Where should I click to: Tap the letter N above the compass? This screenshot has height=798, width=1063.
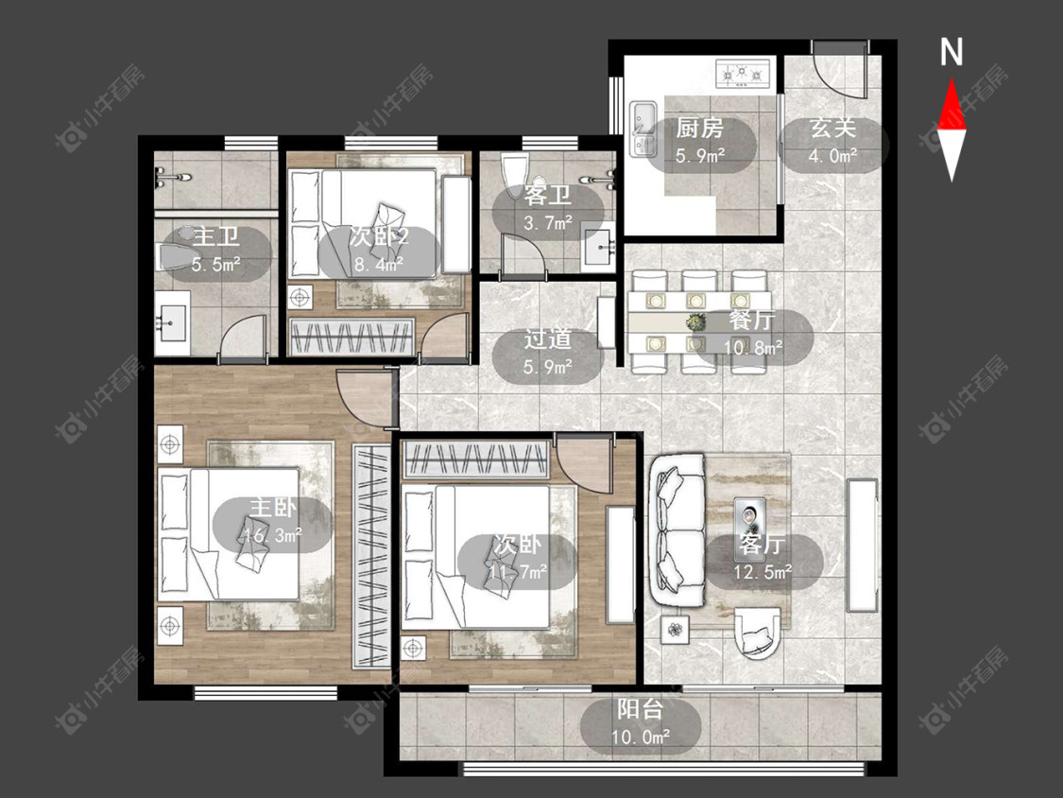[952, 52]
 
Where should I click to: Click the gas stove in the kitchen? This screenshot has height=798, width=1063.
[744, 74]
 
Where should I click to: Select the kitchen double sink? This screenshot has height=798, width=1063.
[642, 129]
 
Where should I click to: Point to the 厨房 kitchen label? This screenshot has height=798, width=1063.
[699, 128]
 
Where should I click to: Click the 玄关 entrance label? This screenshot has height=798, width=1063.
[833, 128]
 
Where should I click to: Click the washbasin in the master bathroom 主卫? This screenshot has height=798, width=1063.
[172, 323]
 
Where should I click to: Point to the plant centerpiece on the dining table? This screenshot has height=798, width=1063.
[694, 322]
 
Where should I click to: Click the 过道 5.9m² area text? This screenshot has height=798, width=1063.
[547, 353]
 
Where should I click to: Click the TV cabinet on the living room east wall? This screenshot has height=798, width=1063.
[863, 546]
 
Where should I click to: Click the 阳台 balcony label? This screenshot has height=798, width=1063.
[640, 710]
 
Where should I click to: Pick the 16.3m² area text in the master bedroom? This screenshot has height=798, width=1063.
[273, 535]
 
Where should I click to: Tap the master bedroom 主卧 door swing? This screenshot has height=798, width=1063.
[365, 398]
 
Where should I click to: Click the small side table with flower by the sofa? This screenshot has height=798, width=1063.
[676, 629]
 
